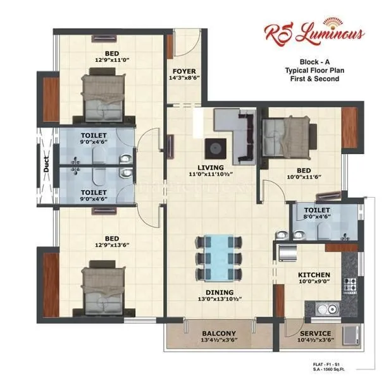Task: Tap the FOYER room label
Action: coord(183,71)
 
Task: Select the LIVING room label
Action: coord(210,167)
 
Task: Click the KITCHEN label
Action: coord(314,275)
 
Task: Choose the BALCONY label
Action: coord(219,334)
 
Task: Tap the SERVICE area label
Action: coord(315,334)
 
